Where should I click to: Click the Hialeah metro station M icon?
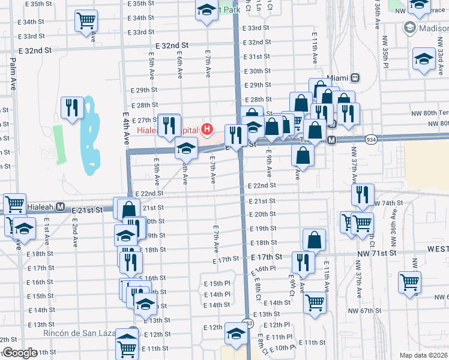click(60, 207)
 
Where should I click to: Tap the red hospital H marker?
click(207, 128)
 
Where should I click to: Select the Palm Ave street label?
click(12, 74)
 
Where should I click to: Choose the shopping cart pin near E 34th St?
click(86, 21)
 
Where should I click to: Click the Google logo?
click(19, 352)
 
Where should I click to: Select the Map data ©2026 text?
click(424, 355)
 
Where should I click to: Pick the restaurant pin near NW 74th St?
click(362, 194)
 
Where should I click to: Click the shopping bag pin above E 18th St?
click(315, 239)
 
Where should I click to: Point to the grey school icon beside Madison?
click(410, 28)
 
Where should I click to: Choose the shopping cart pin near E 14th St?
click(314, 302)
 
